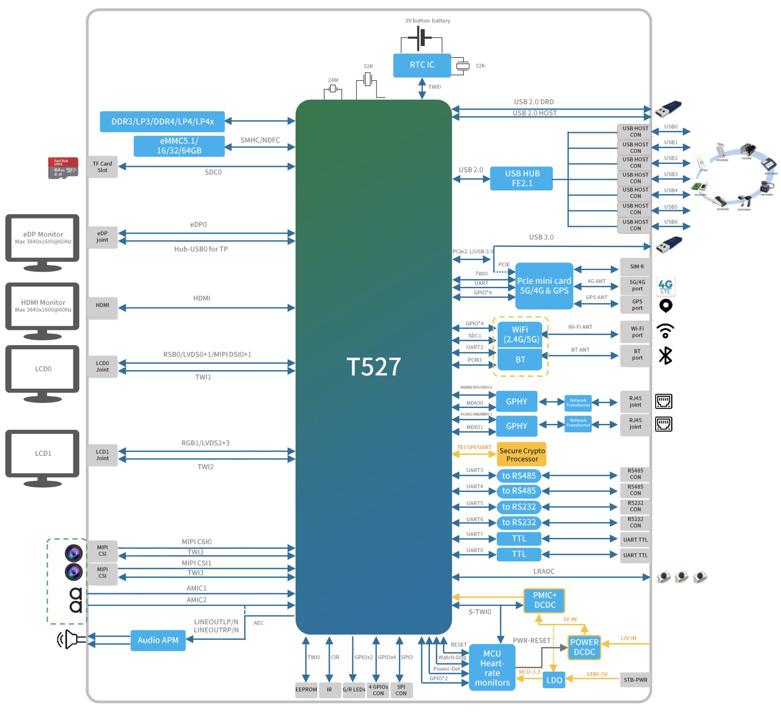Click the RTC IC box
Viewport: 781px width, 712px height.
[422, 65]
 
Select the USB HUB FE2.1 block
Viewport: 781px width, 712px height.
[521, 178]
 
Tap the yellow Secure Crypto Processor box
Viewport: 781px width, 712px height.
[521, 455]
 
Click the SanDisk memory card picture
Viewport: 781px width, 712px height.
[63, 168]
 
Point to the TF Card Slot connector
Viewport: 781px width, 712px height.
[102, 167]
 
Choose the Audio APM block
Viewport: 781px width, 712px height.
[158, 640]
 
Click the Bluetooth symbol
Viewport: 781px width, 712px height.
[665, 356]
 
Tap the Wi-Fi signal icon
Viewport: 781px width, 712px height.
[665, 331]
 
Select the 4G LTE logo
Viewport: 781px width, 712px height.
[665, 286]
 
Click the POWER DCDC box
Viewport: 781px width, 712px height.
[584, 647]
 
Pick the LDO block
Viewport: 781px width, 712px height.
[554, 680]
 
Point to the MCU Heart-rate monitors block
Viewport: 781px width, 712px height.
[492, 668]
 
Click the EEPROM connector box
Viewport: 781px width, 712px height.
[306, 689]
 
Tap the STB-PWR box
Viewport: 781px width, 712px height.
[635, 680]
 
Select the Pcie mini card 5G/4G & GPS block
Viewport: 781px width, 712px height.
[544, 286]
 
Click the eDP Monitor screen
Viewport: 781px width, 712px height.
[42, 238]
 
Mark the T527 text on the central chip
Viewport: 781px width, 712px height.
[373, 366]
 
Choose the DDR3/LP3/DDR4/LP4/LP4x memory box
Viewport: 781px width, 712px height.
[162, 122]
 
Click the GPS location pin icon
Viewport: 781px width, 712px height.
[666, 306]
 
